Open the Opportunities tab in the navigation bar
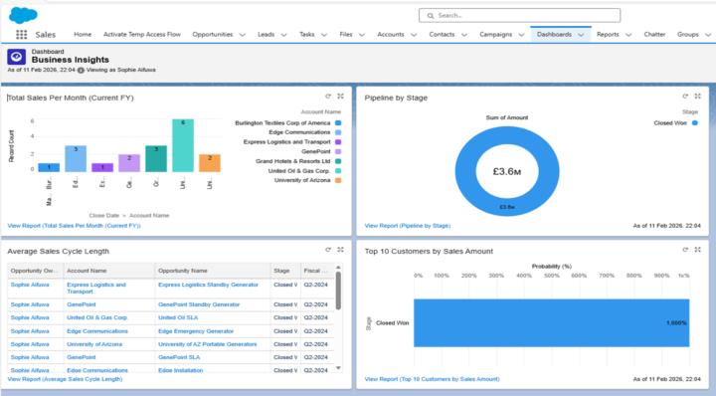tap(212, 34)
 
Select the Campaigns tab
tap(495, 34)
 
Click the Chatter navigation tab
tap(653, 34)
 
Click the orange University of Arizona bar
tap(209, 162)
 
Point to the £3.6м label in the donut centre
tap(507, 171)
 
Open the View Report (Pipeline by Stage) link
tap(408, 226)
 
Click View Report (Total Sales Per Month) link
tap(74, 226)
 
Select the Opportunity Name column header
tap(183, 270)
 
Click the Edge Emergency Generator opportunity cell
tap(195, 330)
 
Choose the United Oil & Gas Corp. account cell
tap(97, 317)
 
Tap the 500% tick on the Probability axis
tap(556, 276)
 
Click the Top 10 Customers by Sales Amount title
tap(429, 251)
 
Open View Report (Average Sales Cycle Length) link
tap(65, 379)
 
